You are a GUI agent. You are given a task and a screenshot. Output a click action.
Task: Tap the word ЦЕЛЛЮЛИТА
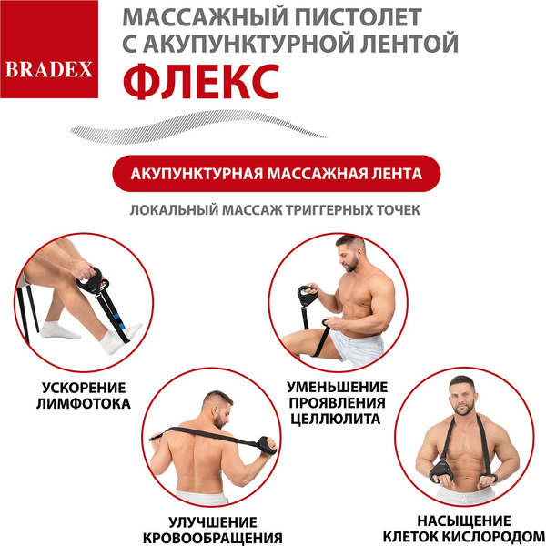[x=337, y=420]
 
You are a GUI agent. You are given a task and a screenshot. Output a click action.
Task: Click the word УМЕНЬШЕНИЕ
[x=337, y=386]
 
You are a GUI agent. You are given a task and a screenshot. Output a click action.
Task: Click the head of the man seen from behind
[x=214, y=407]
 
